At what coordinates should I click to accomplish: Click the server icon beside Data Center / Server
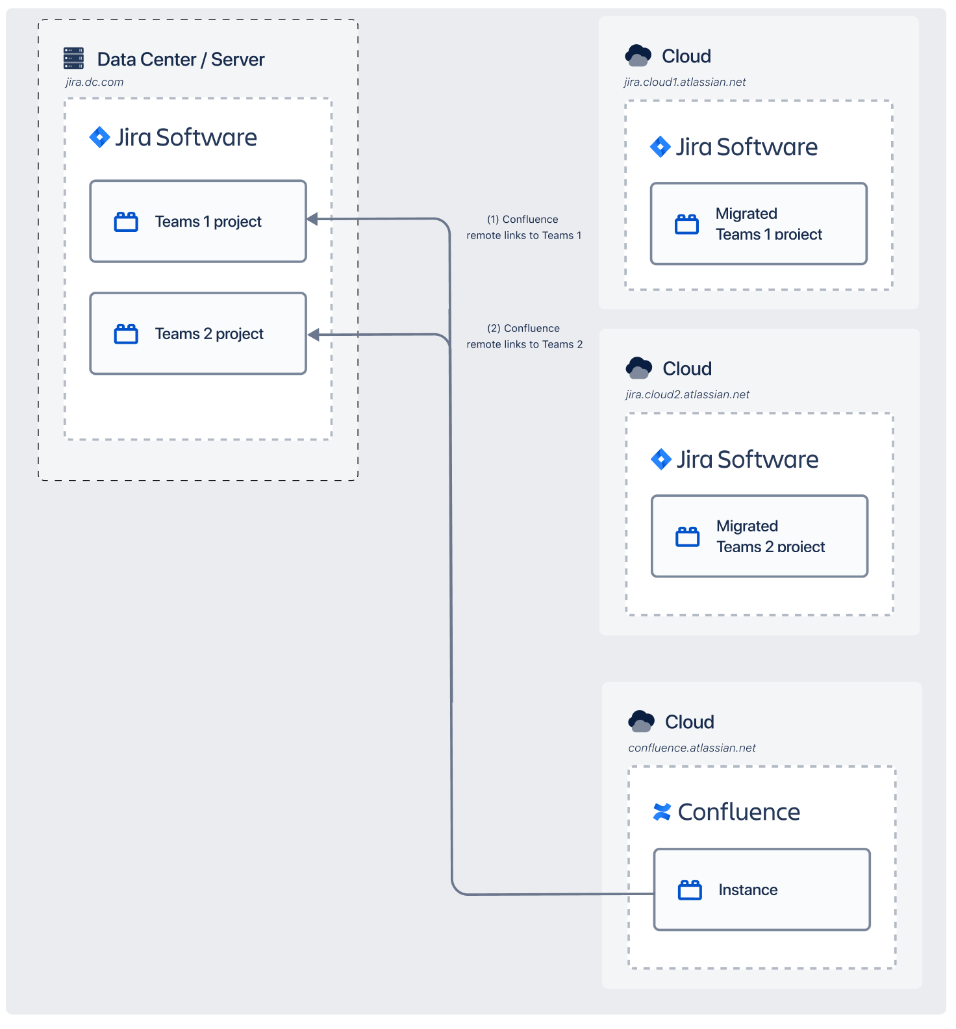click(x=73, y=58)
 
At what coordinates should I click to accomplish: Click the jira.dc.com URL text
click(x=94, y=83)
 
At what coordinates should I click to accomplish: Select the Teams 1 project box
click(x=198, y=222)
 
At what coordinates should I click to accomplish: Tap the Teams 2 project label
click(x=209, y=334)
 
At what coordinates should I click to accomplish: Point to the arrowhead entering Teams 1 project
click(x=312, y=219)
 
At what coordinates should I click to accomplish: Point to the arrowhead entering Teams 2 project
click(x=313, y=335)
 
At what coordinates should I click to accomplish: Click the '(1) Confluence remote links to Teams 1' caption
click(x=523, y=227)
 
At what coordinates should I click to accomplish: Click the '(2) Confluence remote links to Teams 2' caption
click(x=524, y=337)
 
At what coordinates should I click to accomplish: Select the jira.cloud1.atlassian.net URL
click(x=685, y=83)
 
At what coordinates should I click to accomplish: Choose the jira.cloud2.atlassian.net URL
click(x=687, y=395)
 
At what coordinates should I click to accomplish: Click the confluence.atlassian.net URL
click(x=692, y=748)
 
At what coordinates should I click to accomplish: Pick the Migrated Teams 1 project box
click(x=759, y=224)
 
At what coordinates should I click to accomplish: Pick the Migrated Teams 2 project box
click(x=759, y=537)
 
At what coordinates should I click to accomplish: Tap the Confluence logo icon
click(x=662, y=812)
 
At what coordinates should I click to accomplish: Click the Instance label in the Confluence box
click(x=748, y=890)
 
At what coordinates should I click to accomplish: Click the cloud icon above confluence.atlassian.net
click(x=641, y=721)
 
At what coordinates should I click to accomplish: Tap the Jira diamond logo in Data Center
click(x=99, y=137)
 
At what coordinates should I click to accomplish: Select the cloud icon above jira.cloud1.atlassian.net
click(x=638, y=56)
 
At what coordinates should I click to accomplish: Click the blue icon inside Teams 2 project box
click(x=126, y=334)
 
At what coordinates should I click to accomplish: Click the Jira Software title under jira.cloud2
click(x=748, y=460)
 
